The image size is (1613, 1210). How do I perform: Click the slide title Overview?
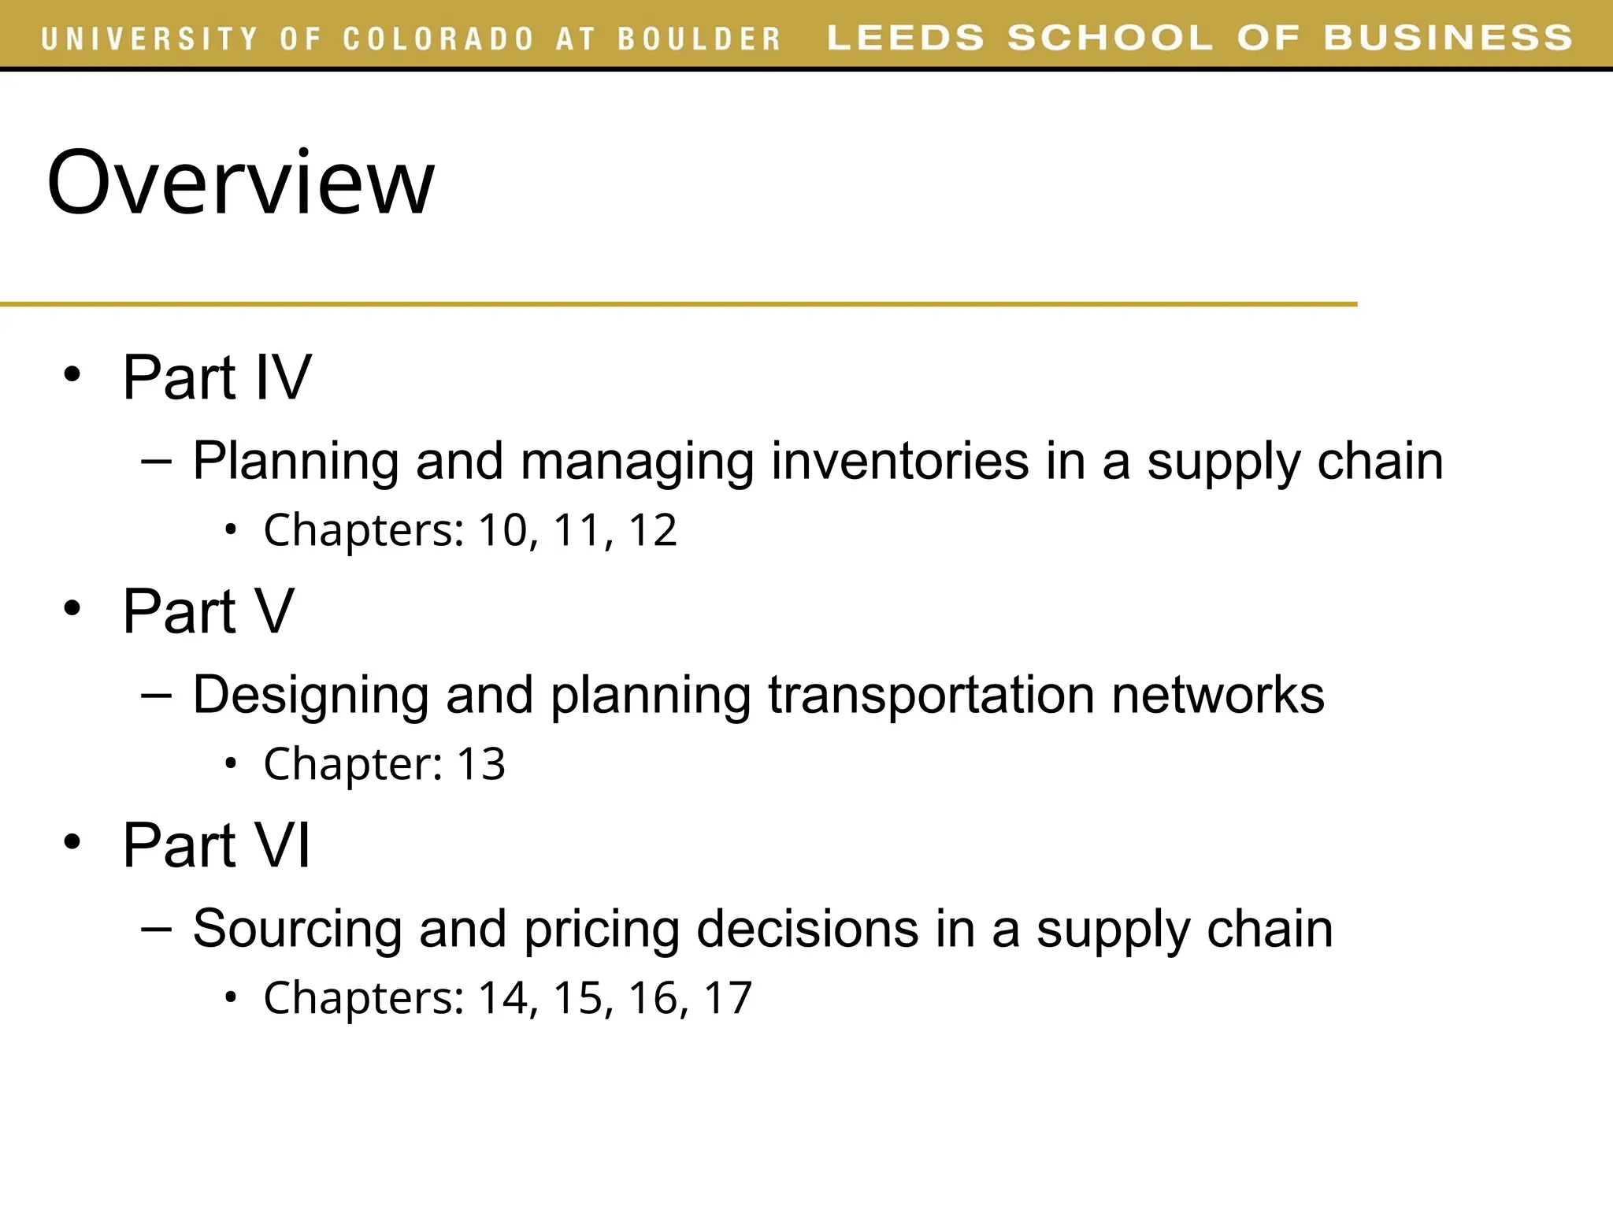tap(240, 183)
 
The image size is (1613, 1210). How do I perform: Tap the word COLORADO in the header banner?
tap(438, 39)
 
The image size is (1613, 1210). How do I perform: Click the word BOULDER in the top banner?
tap(699, 39)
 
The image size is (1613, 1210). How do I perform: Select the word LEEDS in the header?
tap(906, 38)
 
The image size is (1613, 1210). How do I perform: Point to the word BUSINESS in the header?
tap(1448, 38)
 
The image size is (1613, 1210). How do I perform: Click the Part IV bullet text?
tap(217, 377)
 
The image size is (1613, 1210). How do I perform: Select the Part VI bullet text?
tap(217, 845)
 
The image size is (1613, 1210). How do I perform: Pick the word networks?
tap(1218, 694)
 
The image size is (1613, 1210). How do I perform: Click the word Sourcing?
tap(297, 928)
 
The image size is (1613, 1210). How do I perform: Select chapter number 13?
tap(480, 763)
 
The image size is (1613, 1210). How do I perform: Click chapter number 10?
tap(502, 529)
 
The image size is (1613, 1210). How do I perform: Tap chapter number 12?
tap(652, 529)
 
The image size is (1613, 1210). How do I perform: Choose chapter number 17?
tap(728, 997)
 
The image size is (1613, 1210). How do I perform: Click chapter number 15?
tap(578, 997)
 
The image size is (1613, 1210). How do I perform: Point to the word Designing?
tap(310, 696)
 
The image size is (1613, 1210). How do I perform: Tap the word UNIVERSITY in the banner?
tap(150, 39)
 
